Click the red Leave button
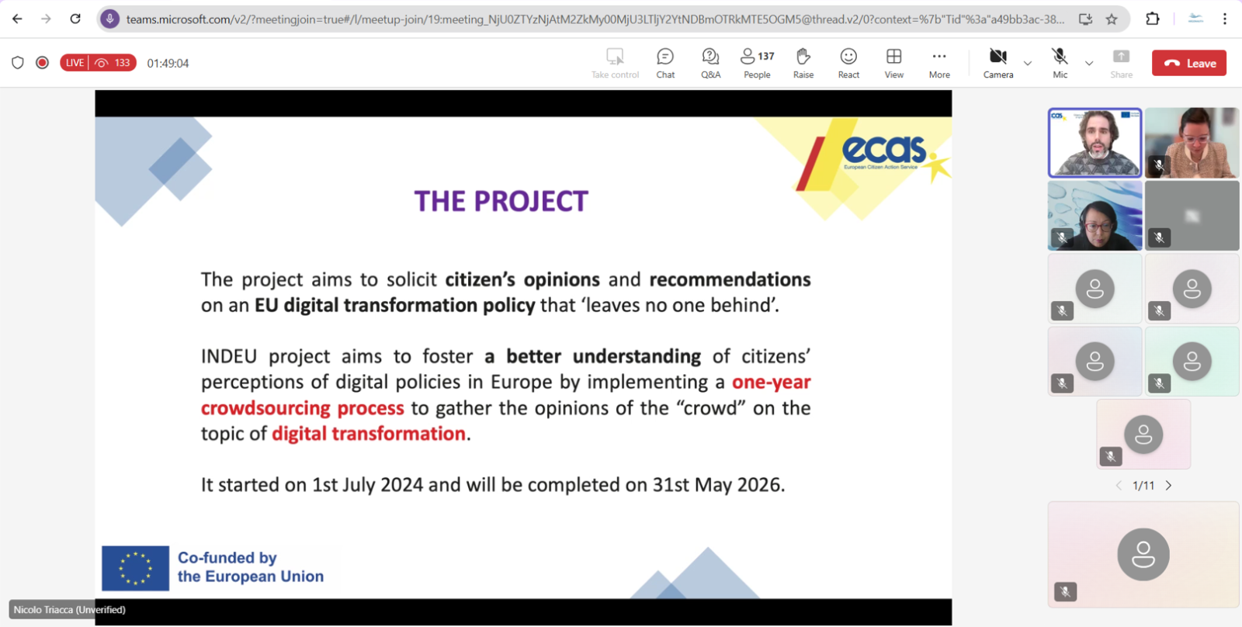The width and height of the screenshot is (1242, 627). pos(1188,63)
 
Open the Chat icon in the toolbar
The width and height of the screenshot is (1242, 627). pos(664,57)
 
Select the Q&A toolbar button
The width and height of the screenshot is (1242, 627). pos(710,57)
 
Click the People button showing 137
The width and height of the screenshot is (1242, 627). pos(757,57)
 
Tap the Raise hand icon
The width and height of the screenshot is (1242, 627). pos(803,57)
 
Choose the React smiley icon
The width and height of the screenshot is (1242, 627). pos(848,57)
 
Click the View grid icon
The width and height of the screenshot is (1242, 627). pos(893,57)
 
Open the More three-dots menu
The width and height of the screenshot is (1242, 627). pos(939,57)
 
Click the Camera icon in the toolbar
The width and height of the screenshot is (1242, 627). pos(998,57)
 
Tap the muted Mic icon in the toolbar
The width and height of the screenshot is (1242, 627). pos(1060,57)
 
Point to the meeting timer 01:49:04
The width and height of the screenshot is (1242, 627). pos(168,63)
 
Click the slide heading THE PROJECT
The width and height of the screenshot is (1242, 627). pos(501,201)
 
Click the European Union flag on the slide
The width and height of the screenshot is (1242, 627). pos(135,568)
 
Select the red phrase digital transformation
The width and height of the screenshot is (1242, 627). pos(369,434)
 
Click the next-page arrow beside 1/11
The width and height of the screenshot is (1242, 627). pos(1169,486)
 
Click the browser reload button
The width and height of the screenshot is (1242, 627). pos(75,19)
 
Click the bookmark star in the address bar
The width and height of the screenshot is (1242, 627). pos(1112,19)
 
